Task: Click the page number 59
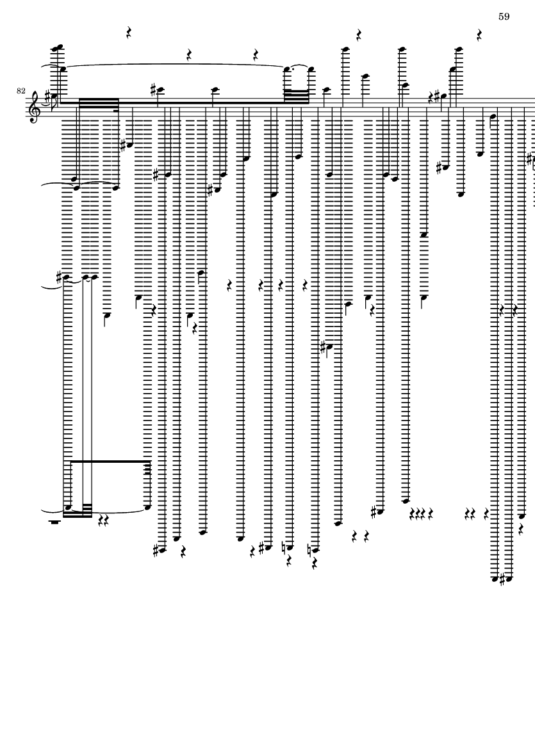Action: tap(504, 17)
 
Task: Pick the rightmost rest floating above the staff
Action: tap(479, 34)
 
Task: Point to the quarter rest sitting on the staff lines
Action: tap(432, 97)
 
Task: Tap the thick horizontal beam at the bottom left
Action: tap(110, 461)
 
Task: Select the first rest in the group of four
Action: tap(412, 513)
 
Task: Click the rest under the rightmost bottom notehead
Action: tap(522, 529)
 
